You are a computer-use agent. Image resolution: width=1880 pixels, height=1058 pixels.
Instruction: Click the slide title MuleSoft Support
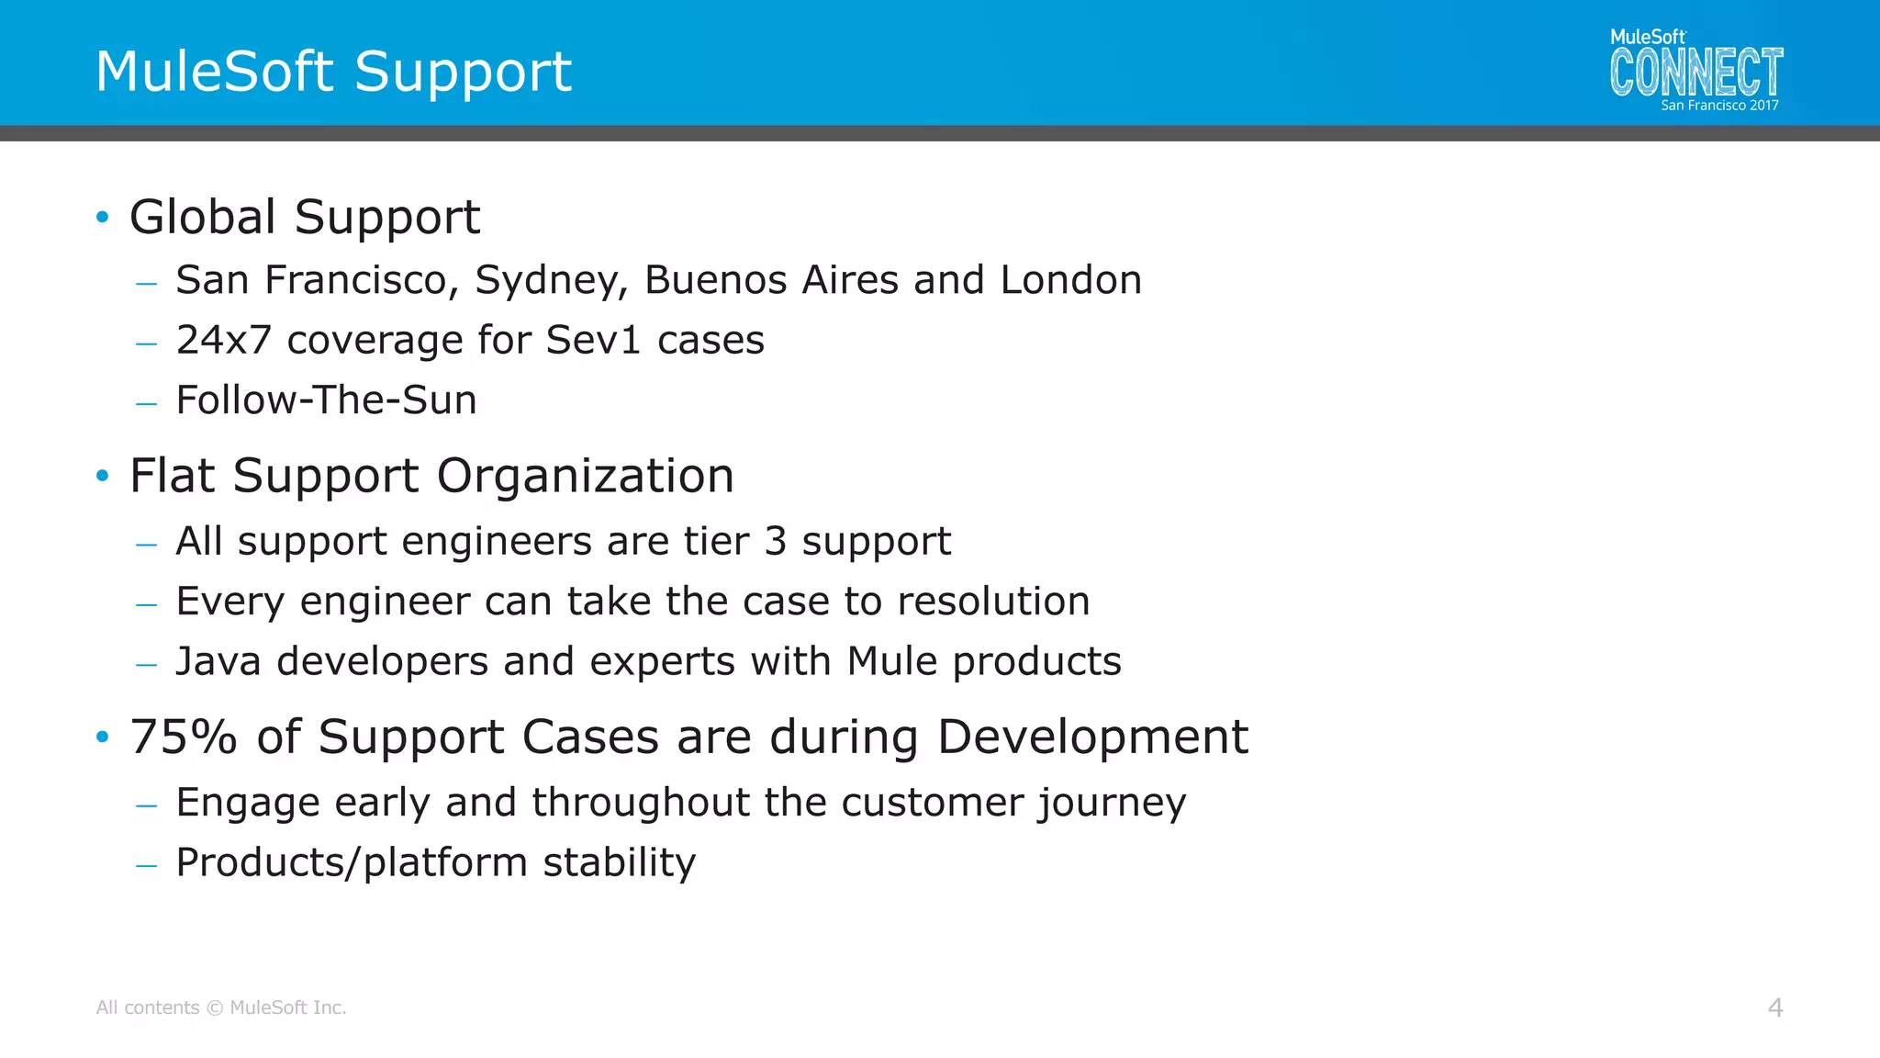coord(333,72)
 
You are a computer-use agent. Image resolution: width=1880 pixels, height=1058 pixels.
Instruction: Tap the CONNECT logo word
coord(1695,73)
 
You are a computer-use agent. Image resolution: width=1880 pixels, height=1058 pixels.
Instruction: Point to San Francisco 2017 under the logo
coord(1719,106)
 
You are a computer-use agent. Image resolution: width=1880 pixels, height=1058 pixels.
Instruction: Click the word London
coord(1070,280)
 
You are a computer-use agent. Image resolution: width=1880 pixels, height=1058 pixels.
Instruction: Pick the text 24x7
coord(224,340)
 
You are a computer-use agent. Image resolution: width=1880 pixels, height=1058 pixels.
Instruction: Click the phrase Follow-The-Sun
coord(326,400)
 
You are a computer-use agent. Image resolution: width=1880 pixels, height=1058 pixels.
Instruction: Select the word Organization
coord(585,476)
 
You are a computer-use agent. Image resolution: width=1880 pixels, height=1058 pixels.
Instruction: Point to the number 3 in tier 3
coord(776,542)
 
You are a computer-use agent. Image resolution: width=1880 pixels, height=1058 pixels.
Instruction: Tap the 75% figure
coord(184,737)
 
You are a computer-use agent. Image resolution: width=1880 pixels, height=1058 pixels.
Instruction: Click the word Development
coord(1092,737)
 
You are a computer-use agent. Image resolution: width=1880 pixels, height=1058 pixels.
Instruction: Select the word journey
coord(1112,804)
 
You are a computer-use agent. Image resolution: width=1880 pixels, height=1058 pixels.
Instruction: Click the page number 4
coord(1775,1007)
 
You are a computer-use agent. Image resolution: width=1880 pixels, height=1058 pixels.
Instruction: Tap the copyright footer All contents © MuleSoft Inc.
coord(221,1007)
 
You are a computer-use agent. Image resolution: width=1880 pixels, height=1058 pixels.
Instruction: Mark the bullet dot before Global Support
coord(103,218)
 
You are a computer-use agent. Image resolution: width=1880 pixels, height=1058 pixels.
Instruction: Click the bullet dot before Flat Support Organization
coord(103,476)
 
